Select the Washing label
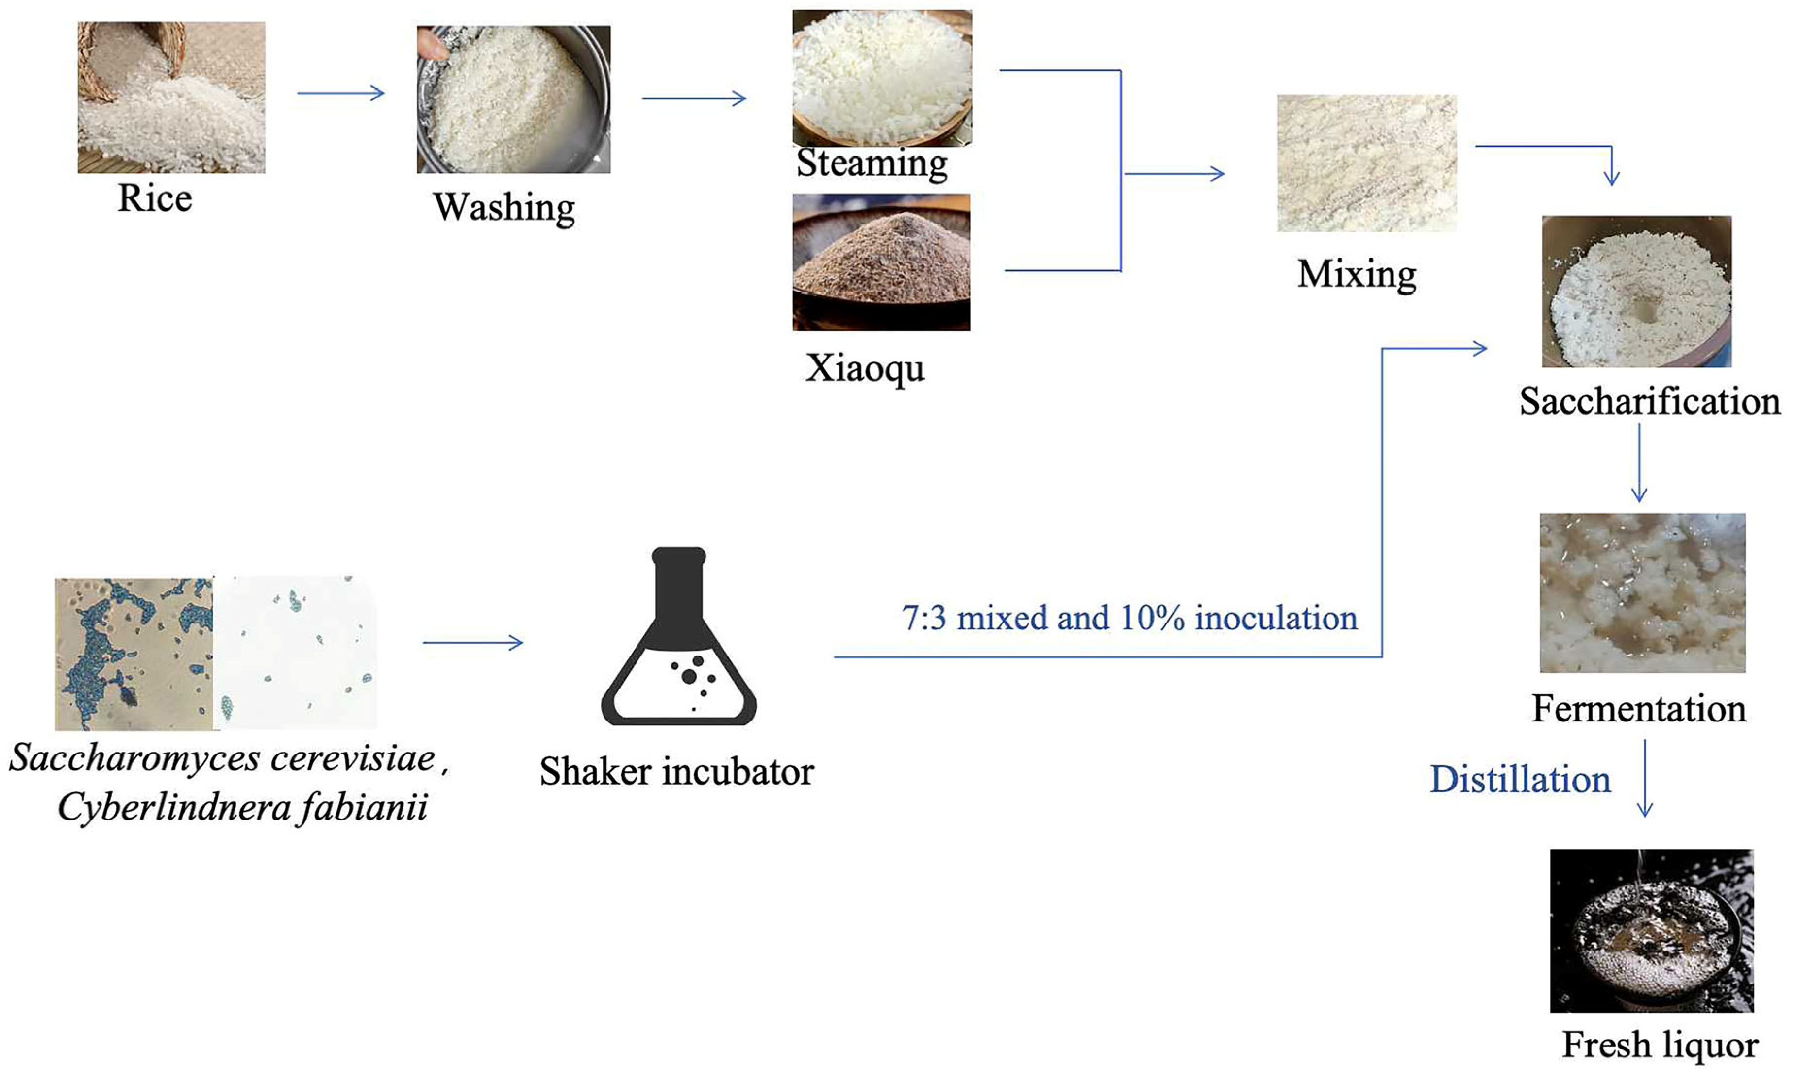click(504, 208)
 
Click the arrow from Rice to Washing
click(340, 93)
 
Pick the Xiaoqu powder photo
click(881, 262)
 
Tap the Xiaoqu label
click(865, 368)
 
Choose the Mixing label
click(1357, 275)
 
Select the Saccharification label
click(1649, 401)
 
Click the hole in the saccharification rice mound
click(1639, 311)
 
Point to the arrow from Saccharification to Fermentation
click(1639, 462)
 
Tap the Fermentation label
click(1639, 708)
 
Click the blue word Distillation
click(1520, 780)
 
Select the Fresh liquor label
click(1660, 1045)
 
